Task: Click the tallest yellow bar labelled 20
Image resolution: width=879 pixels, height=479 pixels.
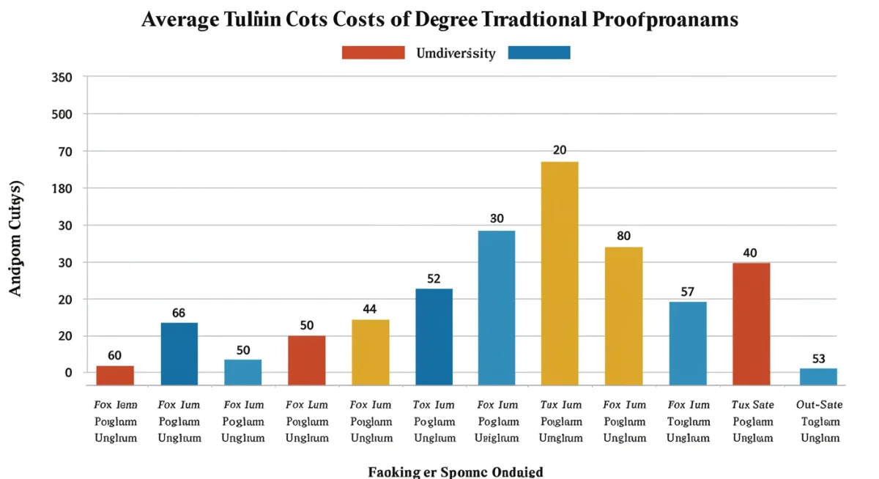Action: tap(560, 273)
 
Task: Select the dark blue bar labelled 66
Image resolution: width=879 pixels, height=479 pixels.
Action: tap(179, 354)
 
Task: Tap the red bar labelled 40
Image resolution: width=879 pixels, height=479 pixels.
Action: tap(751, 324)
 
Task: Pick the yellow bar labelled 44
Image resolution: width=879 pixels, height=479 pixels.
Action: tap(370, 352)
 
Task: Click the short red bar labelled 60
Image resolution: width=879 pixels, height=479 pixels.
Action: tap(115, 376)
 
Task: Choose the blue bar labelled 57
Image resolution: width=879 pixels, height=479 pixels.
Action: tap(687, 344)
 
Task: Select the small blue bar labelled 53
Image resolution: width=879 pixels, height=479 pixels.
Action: tap(818, 376)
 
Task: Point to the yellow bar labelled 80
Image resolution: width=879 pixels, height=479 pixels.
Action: tap(623, 316)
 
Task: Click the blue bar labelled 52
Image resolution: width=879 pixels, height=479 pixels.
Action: tap(434, 337)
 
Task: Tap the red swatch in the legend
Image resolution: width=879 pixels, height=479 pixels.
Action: tap(373, 53)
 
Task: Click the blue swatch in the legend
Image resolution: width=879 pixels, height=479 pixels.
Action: tap(538, 53)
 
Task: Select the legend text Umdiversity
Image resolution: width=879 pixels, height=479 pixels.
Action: tap(456, 53)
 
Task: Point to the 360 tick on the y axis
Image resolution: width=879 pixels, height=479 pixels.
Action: tap(62, 77)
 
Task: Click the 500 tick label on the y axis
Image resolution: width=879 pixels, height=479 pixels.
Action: tap(62, 114)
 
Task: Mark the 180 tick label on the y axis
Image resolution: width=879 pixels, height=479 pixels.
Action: tap(62, 188)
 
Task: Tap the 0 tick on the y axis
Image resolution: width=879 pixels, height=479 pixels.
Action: tap(68, 373)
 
